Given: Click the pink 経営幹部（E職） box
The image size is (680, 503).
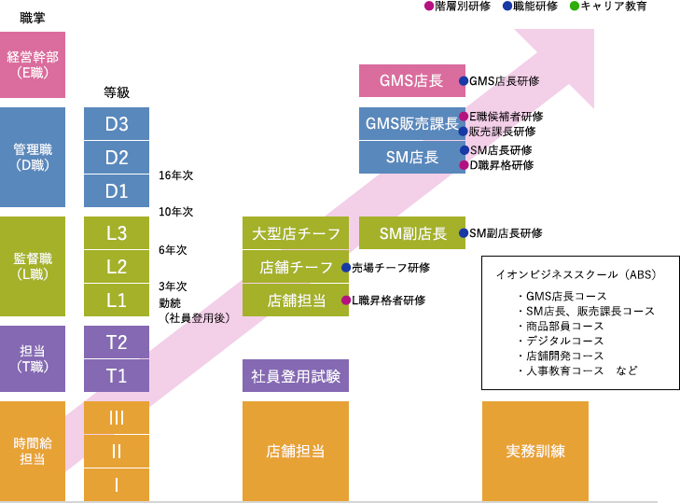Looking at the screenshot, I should click(x=33, y=65).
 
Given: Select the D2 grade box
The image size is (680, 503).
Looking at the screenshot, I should click(x=117, y=157).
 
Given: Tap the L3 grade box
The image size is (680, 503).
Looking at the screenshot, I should click(x=117, y=233).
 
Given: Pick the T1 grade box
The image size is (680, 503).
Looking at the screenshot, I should click(x=117, y=376).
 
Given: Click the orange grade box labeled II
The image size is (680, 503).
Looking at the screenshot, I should click(x=117, y=452).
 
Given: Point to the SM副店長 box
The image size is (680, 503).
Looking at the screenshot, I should click(x=413, y=233).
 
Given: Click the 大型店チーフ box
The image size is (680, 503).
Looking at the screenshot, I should click(x=296, y=233).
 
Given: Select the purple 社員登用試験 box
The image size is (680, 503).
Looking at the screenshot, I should click(x=296, y=376).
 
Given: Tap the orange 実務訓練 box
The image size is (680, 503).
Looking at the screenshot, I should click(x=534, y=452).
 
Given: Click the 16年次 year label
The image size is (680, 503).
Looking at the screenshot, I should click(x=176, y=175).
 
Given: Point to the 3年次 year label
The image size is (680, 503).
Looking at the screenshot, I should click(x=173, y=286).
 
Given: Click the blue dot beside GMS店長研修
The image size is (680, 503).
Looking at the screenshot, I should click(x=463, y=81).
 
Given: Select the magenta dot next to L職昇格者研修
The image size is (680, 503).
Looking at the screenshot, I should click(x=345, y=300).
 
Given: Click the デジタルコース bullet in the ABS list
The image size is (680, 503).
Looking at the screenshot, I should click(x=565, y=341).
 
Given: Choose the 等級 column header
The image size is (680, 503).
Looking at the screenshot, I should click(x=117, y=92).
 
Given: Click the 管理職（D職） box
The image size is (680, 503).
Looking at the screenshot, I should click(x=33, y=157).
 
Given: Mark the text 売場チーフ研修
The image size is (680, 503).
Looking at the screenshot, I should click(x=391, y=268).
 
